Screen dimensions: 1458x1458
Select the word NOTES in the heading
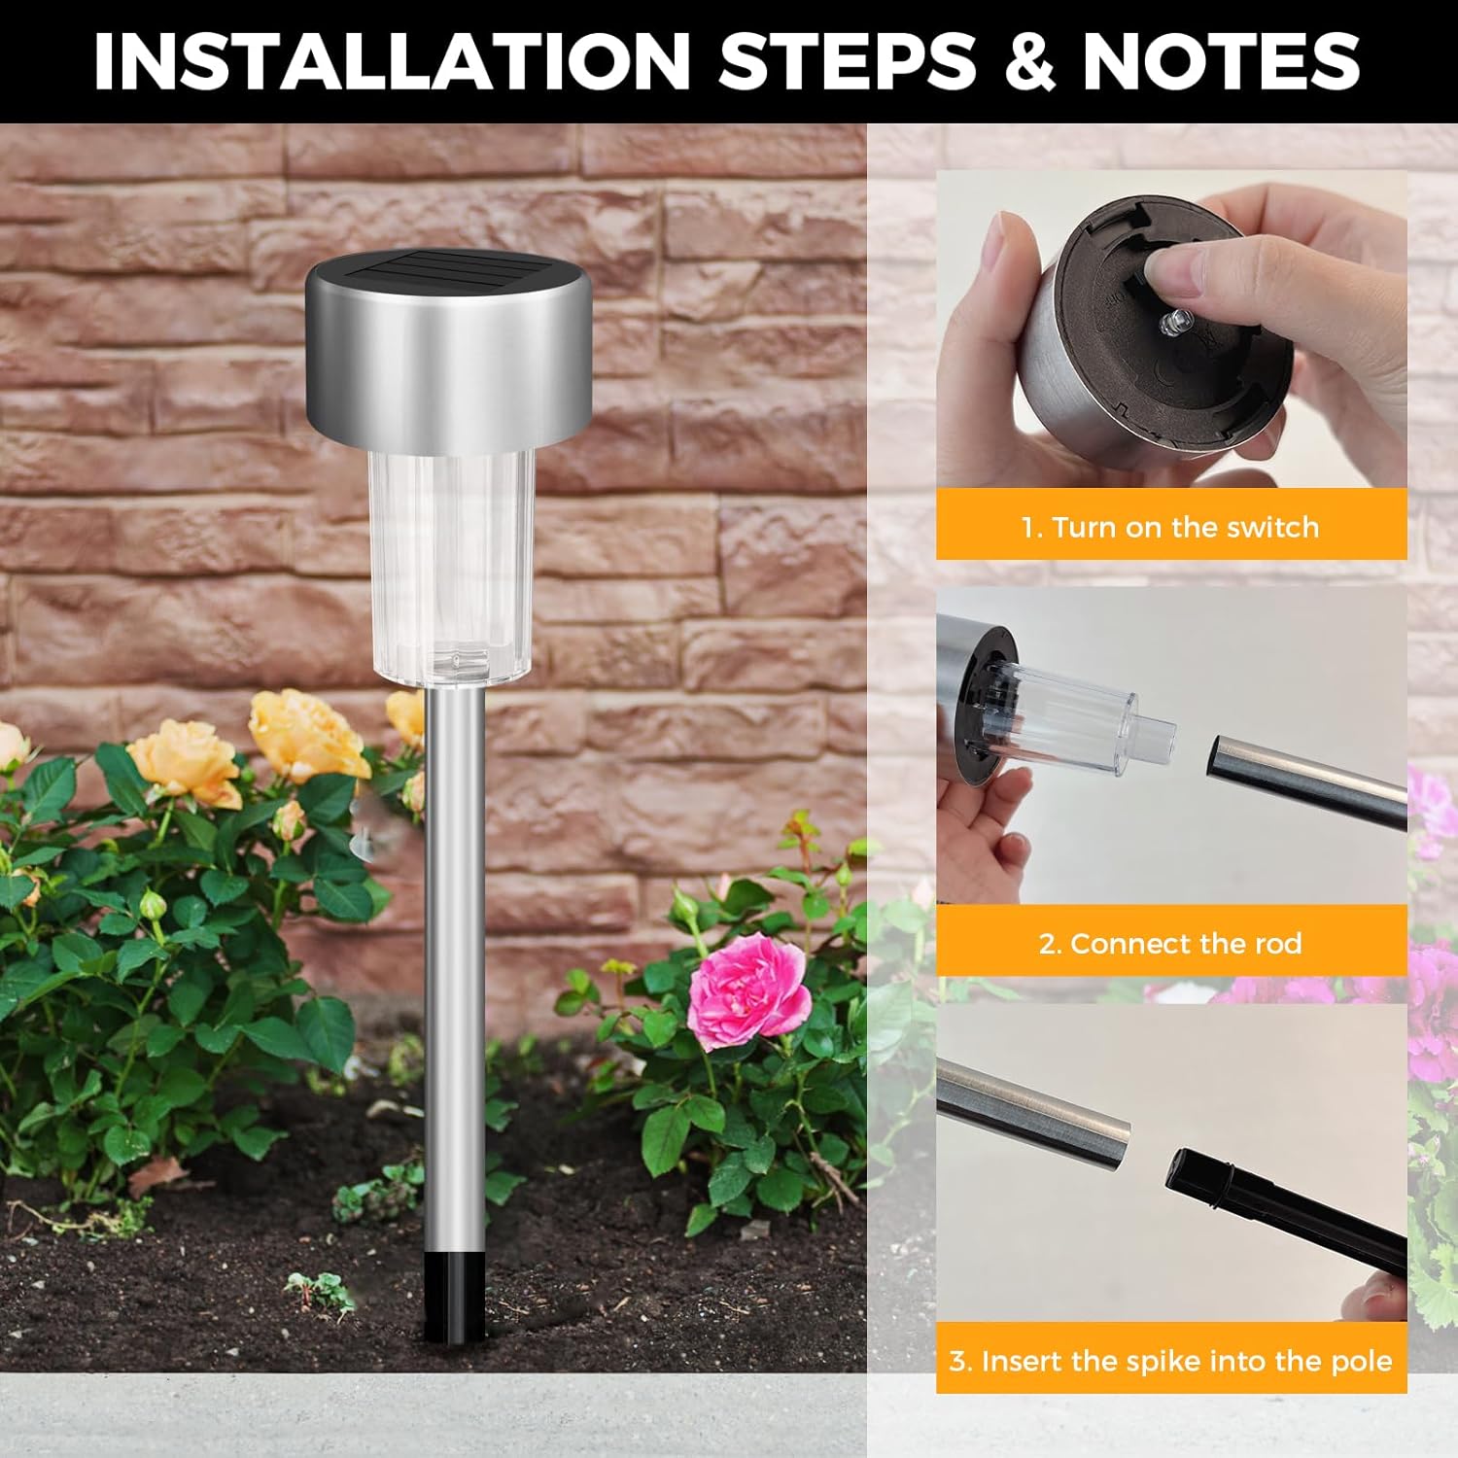click(x=1221, y=60)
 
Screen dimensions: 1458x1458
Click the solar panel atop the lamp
click(x=449, y=267)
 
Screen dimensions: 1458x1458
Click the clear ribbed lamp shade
click(x=450, y=564)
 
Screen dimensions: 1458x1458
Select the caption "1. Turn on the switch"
click(x=1170, y=527)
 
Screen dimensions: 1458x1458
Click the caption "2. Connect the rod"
click(x=1170, y=943)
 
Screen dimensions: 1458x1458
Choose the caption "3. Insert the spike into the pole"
click(x=1170, y=1360)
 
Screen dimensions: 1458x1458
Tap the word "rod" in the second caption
click(x=1277, y=943)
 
